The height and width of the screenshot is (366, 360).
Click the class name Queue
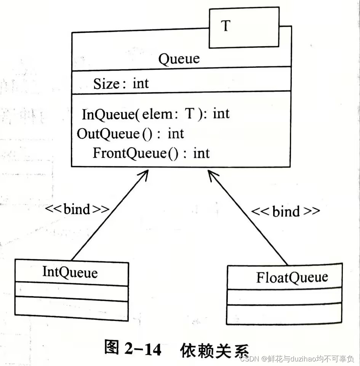[x=179, y=59]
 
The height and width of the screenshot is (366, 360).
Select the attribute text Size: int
[x=121, y=83]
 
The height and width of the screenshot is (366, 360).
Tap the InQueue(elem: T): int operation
[x=156, y=114]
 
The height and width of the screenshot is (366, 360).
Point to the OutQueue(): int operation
[x=130, y=133]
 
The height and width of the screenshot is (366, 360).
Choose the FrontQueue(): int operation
[x=151, y=153]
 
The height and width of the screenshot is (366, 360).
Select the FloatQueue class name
[x=292, y=277]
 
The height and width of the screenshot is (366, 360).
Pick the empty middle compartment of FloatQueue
[x=284, y=297]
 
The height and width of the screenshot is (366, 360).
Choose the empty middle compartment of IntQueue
[x=71, y=292]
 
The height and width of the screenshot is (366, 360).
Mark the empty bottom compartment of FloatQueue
[x=284, y=314]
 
